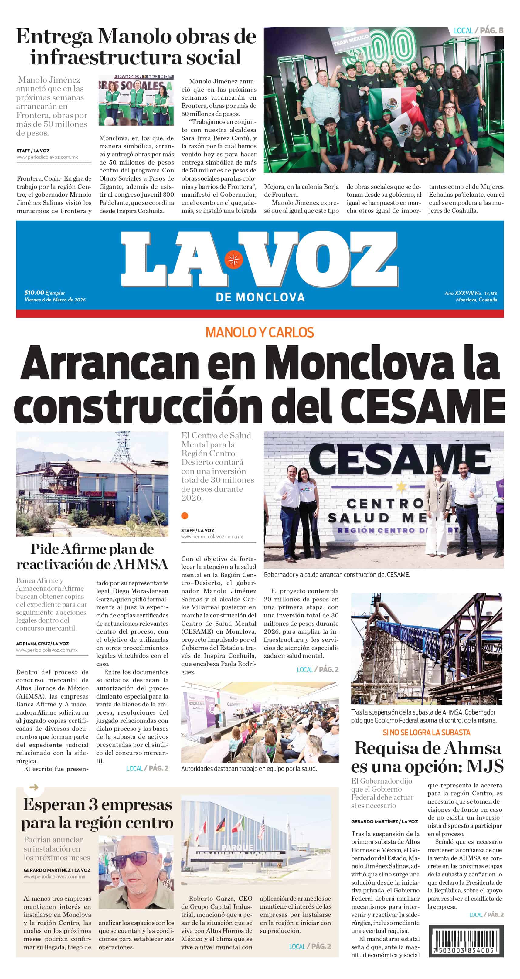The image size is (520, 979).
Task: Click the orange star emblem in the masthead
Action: tap(233, 260)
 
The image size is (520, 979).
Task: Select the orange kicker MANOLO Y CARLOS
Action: tap(260, 332)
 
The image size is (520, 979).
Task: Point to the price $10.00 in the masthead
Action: tap(34, 292)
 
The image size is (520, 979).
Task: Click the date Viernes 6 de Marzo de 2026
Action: tap(55, 300)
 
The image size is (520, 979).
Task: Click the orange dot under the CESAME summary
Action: tap(185, 516)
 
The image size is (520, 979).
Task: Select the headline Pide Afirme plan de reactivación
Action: tap(92, 556)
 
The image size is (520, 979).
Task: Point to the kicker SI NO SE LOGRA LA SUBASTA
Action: tap(427, 732)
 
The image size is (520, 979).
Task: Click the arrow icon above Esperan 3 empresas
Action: tap(34, 787)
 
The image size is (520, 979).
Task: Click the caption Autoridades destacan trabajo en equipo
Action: tap(249, 768)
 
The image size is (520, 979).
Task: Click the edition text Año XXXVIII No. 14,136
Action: tap(471, 293)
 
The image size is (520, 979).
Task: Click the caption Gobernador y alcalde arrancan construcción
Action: tap(336, 575)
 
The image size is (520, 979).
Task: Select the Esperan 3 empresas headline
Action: tap(97, 813)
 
